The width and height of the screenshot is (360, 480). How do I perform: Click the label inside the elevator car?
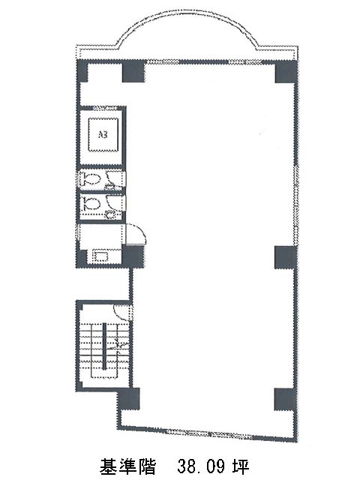[x=103, y=134]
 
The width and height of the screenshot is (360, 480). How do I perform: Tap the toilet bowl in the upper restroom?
[x=90, y=178]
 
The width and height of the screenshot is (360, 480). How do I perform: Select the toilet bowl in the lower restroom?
[x=90, y=202]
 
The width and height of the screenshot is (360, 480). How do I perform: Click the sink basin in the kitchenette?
[x=100, y=255]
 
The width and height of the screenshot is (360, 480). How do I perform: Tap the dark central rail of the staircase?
[x=104, y=346]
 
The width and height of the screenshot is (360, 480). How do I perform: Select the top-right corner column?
[x=286, y=72]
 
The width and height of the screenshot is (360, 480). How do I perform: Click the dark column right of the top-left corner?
[x=133, y=72]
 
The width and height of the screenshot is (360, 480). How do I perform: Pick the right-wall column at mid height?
[x=286, y=257]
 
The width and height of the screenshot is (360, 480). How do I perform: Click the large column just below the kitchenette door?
[x=133, y=256]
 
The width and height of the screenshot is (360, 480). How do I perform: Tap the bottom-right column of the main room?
[x=285, y=399]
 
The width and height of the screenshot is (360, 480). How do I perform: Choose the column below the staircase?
[x=128, y=398]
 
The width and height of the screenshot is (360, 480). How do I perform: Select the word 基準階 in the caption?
[x=127, y=466]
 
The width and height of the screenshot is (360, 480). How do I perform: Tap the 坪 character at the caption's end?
[x=241, y=466]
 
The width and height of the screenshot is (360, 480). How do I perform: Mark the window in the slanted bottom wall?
[x=209, y=432]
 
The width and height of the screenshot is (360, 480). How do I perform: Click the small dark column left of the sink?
[x=82, y=258]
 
